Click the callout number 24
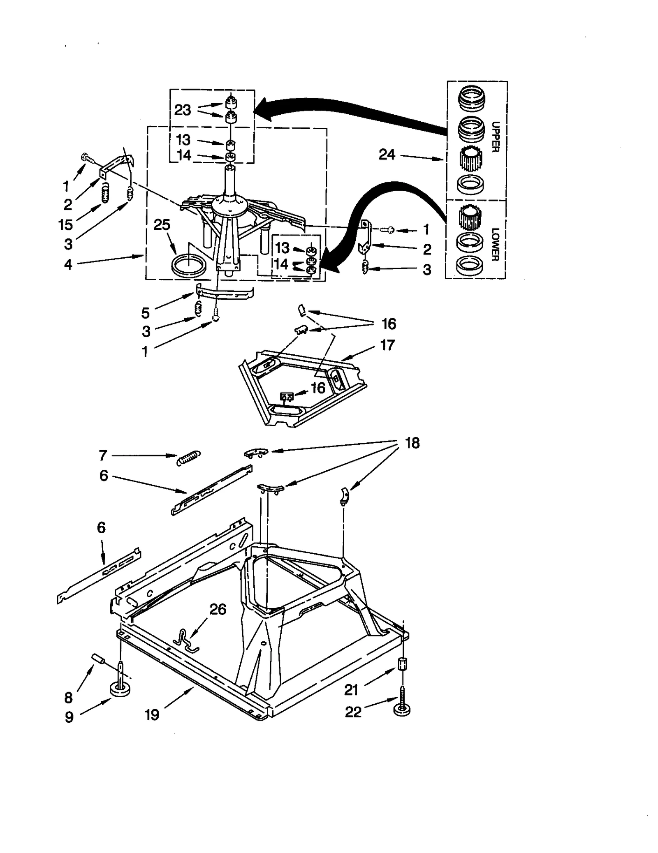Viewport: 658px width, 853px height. [387, 155]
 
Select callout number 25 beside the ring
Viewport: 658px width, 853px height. [162, 225]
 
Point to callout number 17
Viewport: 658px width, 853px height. [387, 345]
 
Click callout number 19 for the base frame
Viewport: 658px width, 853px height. [152, 715]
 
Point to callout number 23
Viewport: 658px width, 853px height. [183, 110]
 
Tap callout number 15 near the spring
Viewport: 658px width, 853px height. [65, 224]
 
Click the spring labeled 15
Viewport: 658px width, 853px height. [105, 193]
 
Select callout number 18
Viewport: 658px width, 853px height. [412, 443]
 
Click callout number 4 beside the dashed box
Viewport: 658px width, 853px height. [68, 264]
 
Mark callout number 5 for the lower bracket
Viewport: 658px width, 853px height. [145, 313]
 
